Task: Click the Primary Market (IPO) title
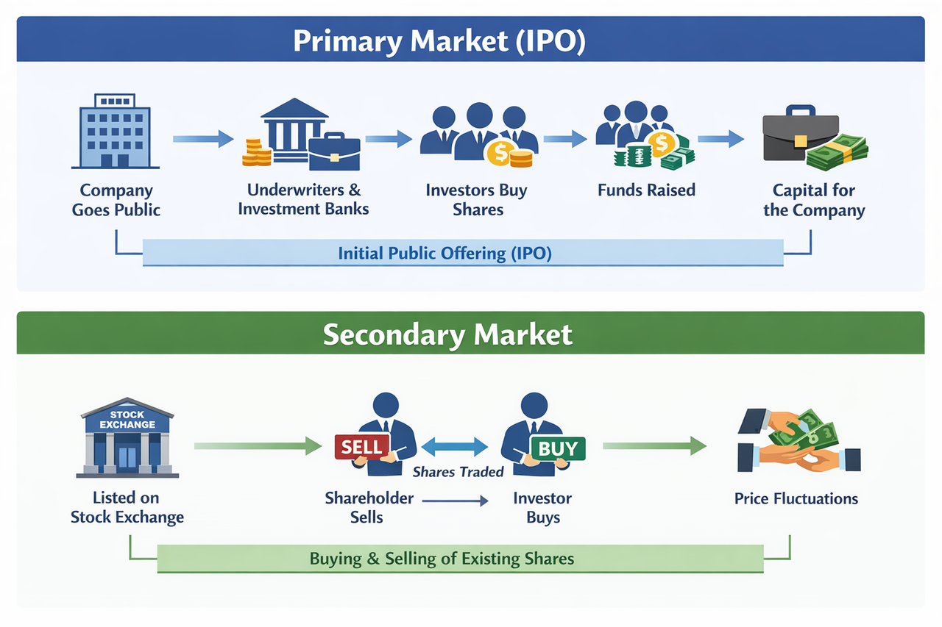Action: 439,41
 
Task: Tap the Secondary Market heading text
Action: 447,334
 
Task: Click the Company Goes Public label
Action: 116,200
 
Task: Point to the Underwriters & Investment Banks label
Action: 303,199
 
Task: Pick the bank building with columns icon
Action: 294,129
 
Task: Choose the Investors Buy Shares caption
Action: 476,200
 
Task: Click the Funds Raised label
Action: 646,190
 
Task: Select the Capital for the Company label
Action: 814,200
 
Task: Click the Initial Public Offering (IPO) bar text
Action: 445,254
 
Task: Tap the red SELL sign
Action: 362,446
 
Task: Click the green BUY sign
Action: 557,447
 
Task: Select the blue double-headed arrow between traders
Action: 455,446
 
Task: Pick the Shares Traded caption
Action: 458,472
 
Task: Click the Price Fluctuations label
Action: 796,499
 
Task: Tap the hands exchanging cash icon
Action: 798,442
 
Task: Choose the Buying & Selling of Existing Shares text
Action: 442,558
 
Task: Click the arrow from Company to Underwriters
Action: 202,138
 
